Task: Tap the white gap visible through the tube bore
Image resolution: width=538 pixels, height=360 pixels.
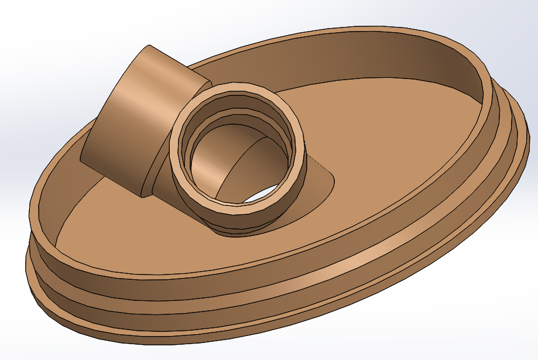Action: point(261,196)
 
